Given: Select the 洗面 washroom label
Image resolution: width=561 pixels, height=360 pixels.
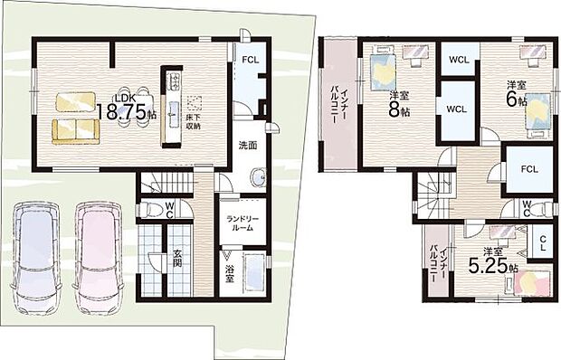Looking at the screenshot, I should point(247,145).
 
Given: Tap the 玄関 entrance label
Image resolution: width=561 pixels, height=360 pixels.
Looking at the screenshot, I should point(179,261).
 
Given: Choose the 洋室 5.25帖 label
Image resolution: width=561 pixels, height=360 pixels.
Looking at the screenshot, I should point(489,262).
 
